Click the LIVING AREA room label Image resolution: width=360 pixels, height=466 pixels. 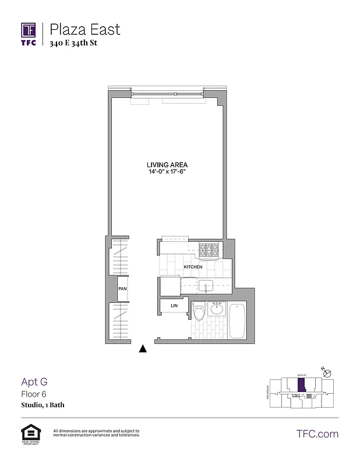pos(166,165)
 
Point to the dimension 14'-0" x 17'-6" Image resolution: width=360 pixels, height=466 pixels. pos(166,172)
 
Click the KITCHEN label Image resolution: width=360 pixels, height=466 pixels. pos(193,267)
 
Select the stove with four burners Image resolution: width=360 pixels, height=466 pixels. pos(209,250)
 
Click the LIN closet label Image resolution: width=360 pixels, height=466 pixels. pos(174,306)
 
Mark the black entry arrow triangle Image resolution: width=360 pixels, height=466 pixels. pos(143,349)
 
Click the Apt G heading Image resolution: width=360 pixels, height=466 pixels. pos(34,382)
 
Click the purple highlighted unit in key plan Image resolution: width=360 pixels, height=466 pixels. pos(301,386)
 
